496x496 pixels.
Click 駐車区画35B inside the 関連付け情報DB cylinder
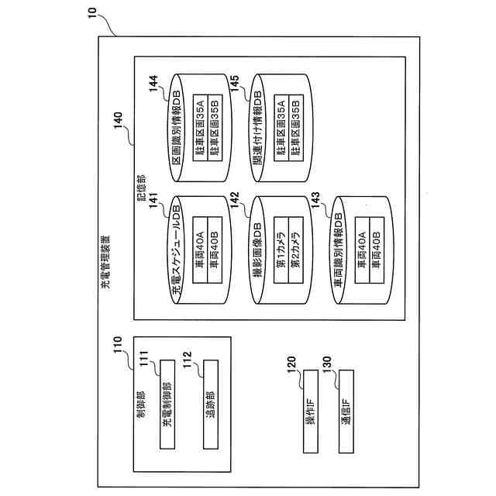(295, 126)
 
